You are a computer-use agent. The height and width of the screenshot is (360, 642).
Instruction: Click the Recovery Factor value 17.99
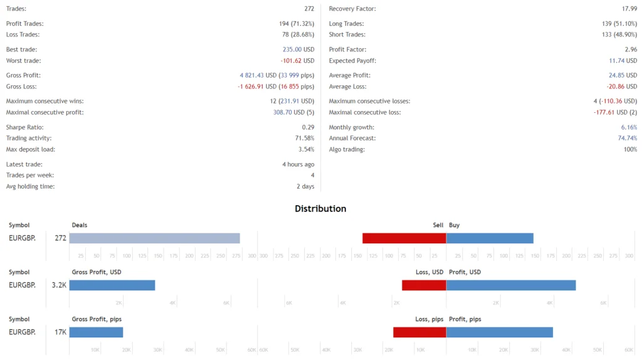click(629, 9)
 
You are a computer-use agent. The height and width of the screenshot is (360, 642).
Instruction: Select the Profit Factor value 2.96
click(631, 50)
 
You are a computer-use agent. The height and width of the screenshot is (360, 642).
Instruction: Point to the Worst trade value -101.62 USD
click(297, 61)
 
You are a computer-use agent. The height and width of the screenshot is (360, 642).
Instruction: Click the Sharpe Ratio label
click(24, 127)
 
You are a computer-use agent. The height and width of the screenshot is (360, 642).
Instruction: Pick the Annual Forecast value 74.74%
click(628, 138)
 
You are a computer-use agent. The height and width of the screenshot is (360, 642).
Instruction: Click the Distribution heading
click(320, 209)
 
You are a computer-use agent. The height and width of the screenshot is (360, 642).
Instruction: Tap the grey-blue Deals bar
click(154, 238)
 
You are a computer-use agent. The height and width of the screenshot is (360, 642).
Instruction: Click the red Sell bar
click(404, 238)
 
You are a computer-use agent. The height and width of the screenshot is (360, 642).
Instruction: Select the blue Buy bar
click(490, 238)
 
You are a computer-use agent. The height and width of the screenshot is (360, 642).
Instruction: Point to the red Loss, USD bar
click(424, 285)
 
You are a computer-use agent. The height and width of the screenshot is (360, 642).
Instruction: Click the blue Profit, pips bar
click(500, 332)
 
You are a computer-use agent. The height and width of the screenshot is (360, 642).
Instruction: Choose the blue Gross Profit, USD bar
click(112, 285)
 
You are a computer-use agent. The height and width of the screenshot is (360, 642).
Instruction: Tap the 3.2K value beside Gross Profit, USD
click(59, 285)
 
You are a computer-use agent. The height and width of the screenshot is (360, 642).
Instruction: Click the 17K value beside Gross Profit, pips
click(60, 332)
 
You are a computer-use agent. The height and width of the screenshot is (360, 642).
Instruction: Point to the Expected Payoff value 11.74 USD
click(623, 61)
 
